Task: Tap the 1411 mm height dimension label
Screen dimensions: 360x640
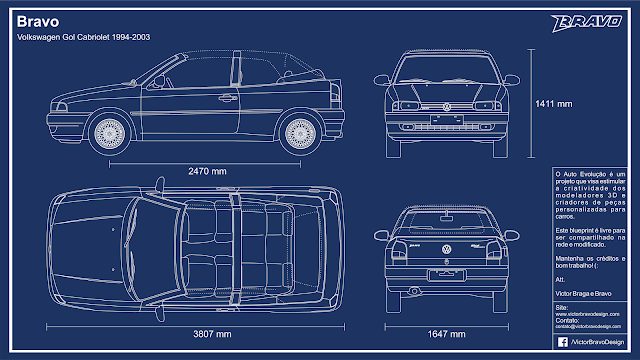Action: coord(553,102)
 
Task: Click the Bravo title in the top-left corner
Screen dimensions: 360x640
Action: coord(38,20)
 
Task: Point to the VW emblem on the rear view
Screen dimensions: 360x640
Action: coord(447,249)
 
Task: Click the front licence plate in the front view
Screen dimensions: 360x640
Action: coord(447,119)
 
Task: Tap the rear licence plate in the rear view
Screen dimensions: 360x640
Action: coord(447,273)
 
